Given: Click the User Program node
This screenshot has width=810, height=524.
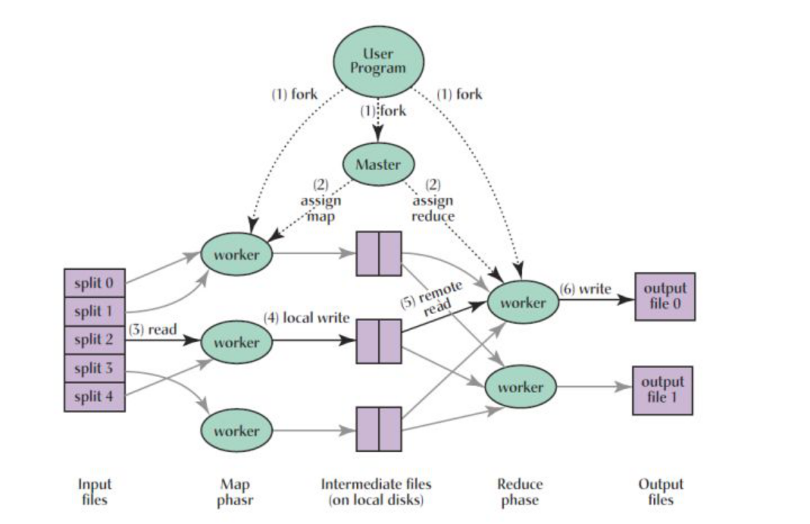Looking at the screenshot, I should click(378, 61).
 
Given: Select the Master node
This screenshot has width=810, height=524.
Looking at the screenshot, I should click(378, 164).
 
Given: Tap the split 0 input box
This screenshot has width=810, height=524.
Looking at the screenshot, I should click(94, 283).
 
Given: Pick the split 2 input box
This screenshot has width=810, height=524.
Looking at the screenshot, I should click(94, 340).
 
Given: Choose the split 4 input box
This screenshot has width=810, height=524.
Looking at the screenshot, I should click(94, 397).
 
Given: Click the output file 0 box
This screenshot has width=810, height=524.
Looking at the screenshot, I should click(664, 297).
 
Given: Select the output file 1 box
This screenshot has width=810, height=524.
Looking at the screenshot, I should click(662, 390).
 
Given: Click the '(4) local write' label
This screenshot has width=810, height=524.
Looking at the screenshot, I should click(306, 317).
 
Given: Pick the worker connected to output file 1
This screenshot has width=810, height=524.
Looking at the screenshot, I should click(520, 388).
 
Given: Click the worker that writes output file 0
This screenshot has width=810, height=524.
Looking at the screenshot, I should click(523, 303).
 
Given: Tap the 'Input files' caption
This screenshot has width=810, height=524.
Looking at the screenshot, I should click(94, 492).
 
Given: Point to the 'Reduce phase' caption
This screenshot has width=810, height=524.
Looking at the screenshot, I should click(520, 492).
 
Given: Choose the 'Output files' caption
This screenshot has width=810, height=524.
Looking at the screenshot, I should click(661, 492).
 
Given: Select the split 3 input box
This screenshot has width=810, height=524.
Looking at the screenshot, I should click(94, 368).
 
